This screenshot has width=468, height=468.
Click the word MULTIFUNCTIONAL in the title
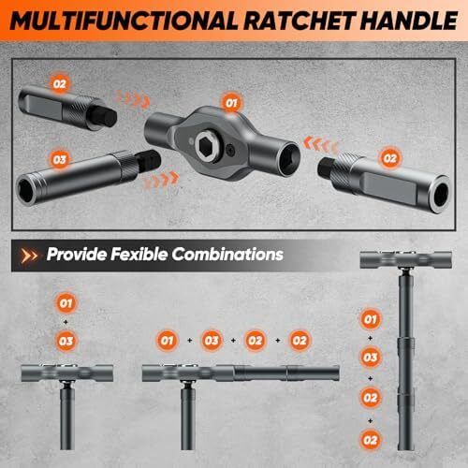124,21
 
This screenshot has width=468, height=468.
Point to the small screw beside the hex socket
231,150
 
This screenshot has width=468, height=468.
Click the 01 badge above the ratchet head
231,103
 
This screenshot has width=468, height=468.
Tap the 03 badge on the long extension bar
59,160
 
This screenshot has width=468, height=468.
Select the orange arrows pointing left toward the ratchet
320,145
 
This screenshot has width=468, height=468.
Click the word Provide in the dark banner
77,254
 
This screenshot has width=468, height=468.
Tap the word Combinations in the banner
227,254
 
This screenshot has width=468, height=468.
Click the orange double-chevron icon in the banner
29,256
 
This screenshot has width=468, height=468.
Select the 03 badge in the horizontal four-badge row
212,341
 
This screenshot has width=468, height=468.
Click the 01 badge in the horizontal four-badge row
167,341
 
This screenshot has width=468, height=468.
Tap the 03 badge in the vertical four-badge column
370,358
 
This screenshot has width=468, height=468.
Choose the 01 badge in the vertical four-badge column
370,319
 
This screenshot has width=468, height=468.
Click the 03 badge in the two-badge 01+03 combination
66,341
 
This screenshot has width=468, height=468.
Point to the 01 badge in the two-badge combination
66,303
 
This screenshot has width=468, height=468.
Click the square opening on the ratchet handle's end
287,159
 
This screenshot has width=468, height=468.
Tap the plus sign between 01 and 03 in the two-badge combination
66,322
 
